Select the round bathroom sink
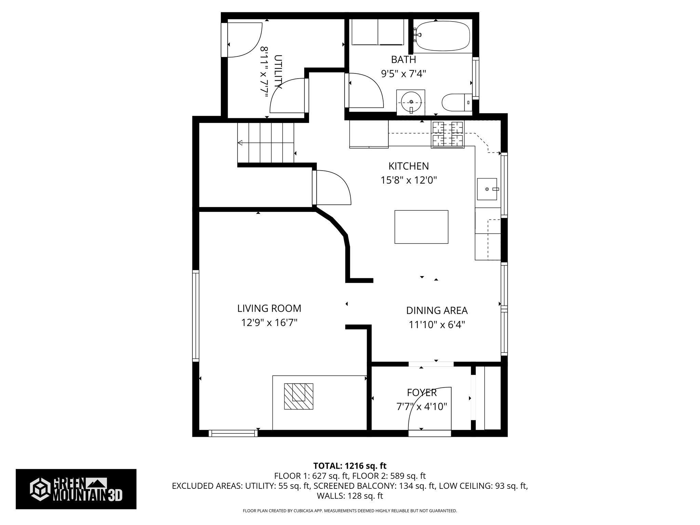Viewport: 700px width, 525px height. coord(411,102)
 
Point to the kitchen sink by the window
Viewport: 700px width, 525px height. coord(487,189)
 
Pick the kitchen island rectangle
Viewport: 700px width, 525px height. coord(421,227)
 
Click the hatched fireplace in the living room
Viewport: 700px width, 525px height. coord(299,396)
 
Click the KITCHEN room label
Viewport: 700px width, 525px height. coord(408,166)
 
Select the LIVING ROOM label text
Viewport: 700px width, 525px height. coord(269,308)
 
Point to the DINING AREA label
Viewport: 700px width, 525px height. coord(437,310)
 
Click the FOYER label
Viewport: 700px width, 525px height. coord(422,392)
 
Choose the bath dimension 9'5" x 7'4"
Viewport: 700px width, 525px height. coord(404,73)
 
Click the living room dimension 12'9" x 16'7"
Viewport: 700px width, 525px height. coord(269,323)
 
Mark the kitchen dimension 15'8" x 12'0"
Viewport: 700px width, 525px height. coord(409,180)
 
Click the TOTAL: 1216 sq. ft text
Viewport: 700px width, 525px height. coord(350,466)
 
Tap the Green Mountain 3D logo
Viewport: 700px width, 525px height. coord(76,489)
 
